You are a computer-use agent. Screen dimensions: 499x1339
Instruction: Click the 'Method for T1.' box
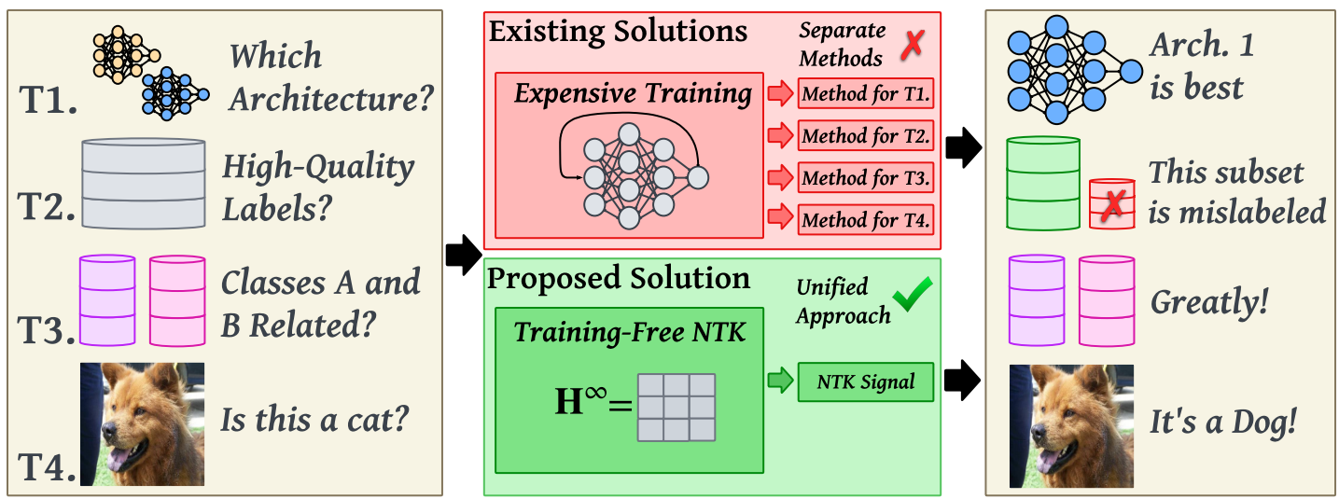pos(865,94)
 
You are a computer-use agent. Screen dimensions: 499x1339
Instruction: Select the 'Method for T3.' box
pos(865,177)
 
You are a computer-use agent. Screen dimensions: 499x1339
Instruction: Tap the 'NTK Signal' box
pos(865,381)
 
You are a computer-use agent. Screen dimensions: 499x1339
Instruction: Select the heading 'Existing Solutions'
pos(618,31)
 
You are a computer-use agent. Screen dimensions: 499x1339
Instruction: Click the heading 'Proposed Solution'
pos(619,278)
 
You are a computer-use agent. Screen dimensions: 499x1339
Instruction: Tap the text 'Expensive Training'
pos(633,93)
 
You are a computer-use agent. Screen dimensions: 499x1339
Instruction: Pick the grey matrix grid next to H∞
pos(676,407)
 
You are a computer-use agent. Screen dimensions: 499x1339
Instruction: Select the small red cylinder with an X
pos(1111,205)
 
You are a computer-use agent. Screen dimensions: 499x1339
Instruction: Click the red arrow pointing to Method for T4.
pos(778,219)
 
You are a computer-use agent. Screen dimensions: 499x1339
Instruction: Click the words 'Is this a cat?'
pos(314,420)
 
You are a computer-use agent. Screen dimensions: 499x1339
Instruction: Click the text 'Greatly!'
pos(1209,302)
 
